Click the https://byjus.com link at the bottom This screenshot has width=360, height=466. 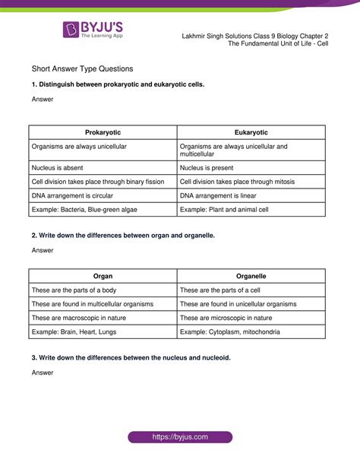point(180,439)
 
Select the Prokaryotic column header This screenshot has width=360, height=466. point(103,132)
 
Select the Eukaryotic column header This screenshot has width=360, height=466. point(251,132)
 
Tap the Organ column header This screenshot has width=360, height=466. point(103,276)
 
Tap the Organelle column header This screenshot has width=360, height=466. point(251,276)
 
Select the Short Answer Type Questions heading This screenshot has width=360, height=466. point(83,68)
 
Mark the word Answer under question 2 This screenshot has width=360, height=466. point(43,250)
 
